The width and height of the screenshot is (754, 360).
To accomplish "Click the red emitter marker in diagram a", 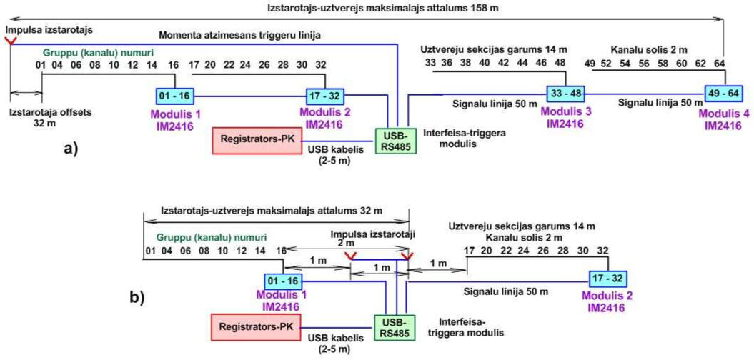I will [x=9, y=41].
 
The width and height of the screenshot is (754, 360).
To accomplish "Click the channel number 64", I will [x=720, y=64].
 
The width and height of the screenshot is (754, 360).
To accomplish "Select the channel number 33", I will [x=430, y=64].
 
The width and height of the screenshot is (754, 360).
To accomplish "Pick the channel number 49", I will [x=590, y=64].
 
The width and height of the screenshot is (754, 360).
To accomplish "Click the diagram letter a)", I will [x=70, y=149].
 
